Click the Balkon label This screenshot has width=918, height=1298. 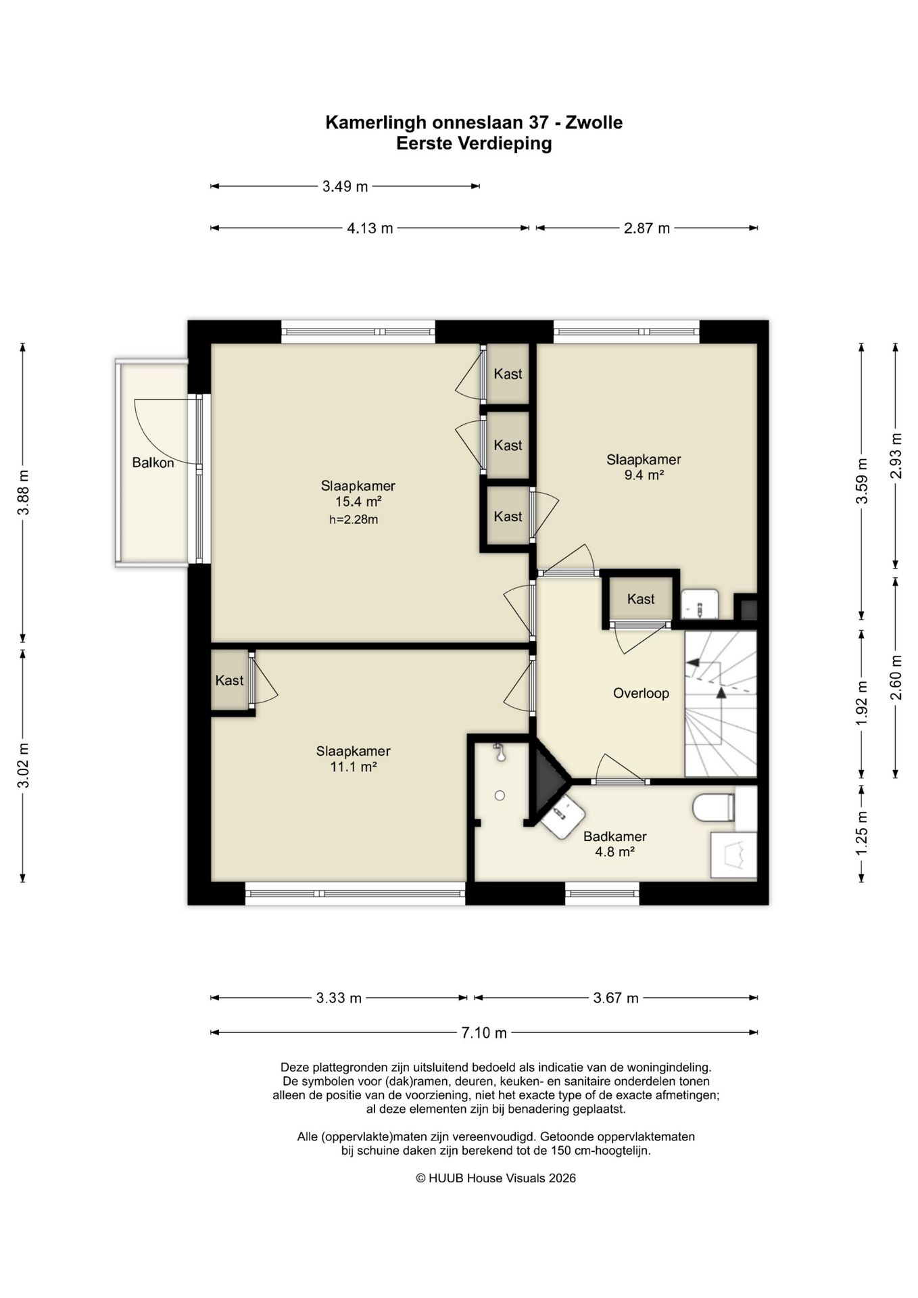[x=153, y=463]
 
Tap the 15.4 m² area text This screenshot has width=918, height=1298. [x=358, y=502]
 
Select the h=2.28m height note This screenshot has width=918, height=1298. [x=354, y=520]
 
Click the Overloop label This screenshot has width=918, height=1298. [x=641, y=694]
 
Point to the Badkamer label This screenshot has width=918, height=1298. [x=615, y=837]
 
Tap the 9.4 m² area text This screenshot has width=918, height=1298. [x=644, y=475]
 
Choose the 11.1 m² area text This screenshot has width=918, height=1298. [x=354, y=767]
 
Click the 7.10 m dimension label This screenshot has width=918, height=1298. [x=484, y=1033]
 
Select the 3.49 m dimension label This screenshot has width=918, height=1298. [x=345, y=187]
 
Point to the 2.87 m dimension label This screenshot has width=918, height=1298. [x=647, y=229]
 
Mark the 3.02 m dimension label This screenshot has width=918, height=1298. [x=23, y=765]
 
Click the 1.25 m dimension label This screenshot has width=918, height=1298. [x=862, y=832]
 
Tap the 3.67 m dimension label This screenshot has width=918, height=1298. [x=616, y=998]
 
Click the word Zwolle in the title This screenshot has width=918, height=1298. [x=594, y=122]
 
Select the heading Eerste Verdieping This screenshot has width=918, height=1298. [x=474, y=143]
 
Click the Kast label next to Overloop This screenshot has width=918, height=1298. [x=641, y=599]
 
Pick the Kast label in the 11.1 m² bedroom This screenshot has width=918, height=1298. [x=229, y=681]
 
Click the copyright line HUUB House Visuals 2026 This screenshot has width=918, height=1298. [x=496, y=1178]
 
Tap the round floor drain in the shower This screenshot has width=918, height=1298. [x=500, y=796]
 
